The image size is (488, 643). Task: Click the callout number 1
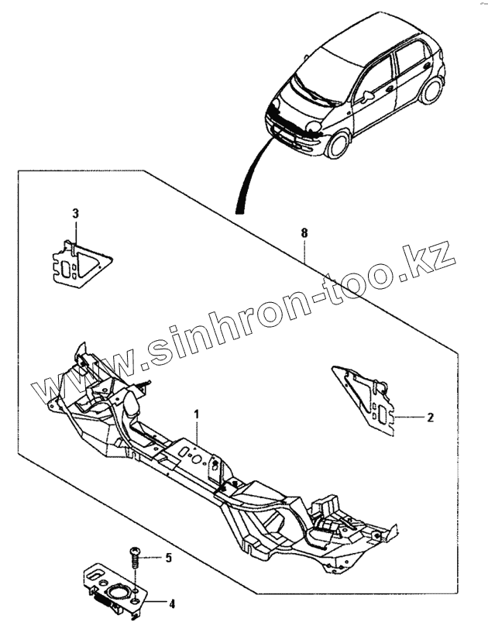(197, 414)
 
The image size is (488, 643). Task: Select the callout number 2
(431, 417)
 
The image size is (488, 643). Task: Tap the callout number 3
(75, 212)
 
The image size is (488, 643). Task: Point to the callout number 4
(171, 603)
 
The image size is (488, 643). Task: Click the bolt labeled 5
(135, 556)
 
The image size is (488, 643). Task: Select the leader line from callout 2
(409, 417)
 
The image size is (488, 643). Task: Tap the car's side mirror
(366, 95)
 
